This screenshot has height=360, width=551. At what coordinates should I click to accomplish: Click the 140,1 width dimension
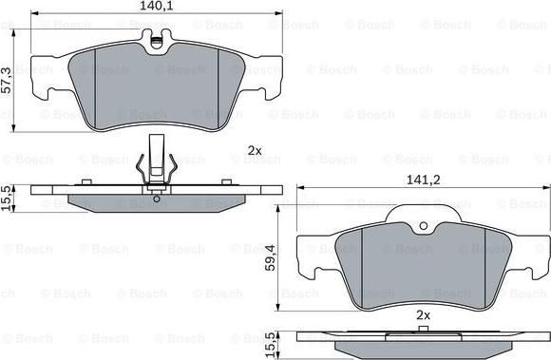(157, 6)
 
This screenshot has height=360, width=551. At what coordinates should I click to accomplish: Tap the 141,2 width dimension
(423, 180)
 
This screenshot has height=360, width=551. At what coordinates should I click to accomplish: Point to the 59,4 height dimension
(270, 257)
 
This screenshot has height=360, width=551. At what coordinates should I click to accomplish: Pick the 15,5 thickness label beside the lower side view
(271, 346)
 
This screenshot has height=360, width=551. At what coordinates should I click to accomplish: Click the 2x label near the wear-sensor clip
(255, 151)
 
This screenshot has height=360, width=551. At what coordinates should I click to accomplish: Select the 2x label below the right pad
(423, 315)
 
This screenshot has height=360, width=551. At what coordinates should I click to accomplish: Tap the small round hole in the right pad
(424, 226)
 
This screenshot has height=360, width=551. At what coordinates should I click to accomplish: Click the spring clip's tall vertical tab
(157, 158)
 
